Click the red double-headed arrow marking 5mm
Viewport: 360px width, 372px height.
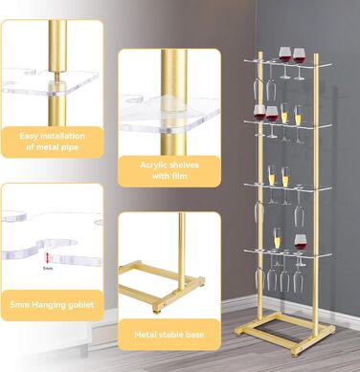pos(47,257)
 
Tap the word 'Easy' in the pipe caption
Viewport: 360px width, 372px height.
pos(28,136)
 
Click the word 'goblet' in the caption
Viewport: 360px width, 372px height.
pos(81,305)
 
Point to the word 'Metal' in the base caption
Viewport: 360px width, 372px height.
pos(145,335)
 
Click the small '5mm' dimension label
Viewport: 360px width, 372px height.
pos(48,268)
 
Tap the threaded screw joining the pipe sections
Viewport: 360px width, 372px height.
pos(57,77)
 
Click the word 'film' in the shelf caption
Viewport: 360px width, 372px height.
pos(179,176)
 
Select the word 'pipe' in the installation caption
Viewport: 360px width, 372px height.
pos(70,147)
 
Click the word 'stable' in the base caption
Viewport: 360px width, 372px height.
pos(169,335)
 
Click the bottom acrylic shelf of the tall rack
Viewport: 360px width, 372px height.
pos(288,254)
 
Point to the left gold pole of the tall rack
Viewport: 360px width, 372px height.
pos(261,191)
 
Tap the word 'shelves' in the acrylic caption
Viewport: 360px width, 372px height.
pos(185,165)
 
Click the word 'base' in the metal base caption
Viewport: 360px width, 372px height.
pos(194,335)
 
